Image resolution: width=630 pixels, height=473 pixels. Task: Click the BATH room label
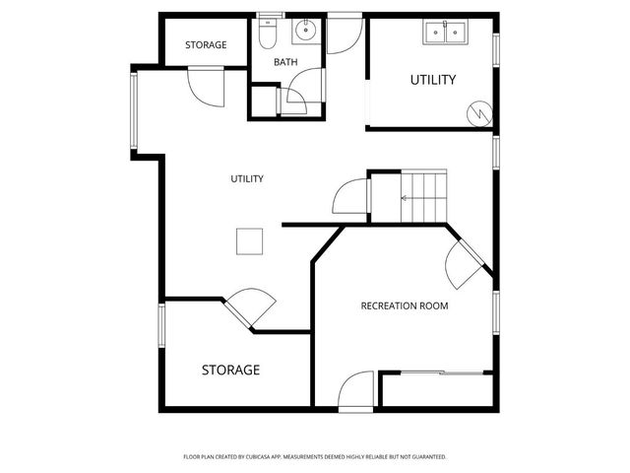tap(285, 62)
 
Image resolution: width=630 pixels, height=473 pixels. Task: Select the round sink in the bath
tap(305, 31)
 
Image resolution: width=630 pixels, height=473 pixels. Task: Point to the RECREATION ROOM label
tap(405, 306)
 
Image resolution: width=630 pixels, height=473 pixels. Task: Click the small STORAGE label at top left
tap(206, 45)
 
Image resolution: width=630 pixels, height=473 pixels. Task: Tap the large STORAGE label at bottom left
tap(230, 371)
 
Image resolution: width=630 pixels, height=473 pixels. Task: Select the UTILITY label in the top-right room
tap(433, 80)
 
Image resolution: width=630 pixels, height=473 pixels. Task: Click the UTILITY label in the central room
tap(247, 178)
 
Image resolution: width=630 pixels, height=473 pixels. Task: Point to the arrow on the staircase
tap(406, 198)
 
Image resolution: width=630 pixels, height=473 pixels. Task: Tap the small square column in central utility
tap(250, 241)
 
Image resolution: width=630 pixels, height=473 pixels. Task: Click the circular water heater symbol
tap(479, 113)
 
